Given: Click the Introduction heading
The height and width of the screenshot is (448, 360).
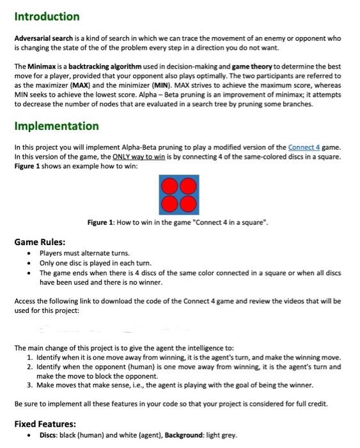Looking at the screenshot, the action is pyautogui.click(x=47, y=17).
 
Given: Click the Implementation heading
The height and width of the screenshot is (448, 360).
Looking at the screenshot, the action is pyautogui.click(x=56, y=126).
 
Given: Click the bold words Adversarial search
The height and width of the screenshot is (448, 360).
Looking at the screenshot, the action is pyautogui.click(x=42, y=38).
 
